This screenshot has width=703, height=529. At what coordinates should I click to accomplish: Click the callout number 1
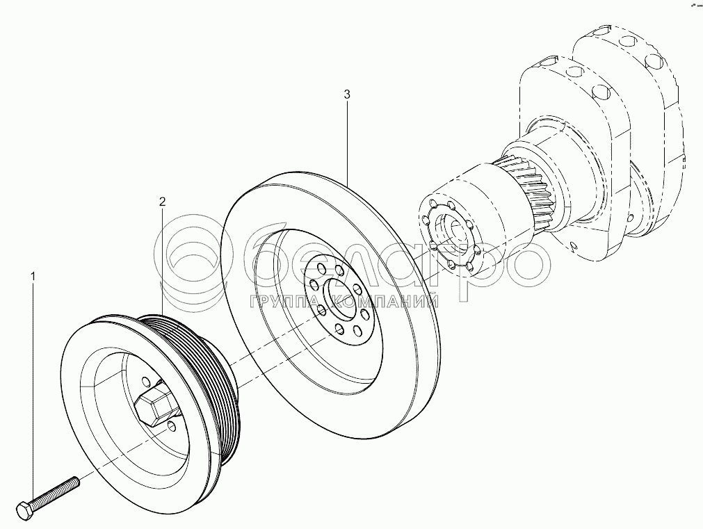point(32,277)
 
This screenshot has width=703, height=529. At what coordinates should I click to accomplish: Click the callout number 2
point(162,202)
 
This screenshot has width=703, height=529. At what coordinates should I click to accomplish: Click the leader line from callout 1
point(32,382)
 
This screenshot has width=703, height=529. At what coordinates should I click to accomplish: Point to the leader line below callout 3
point(347,139)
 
